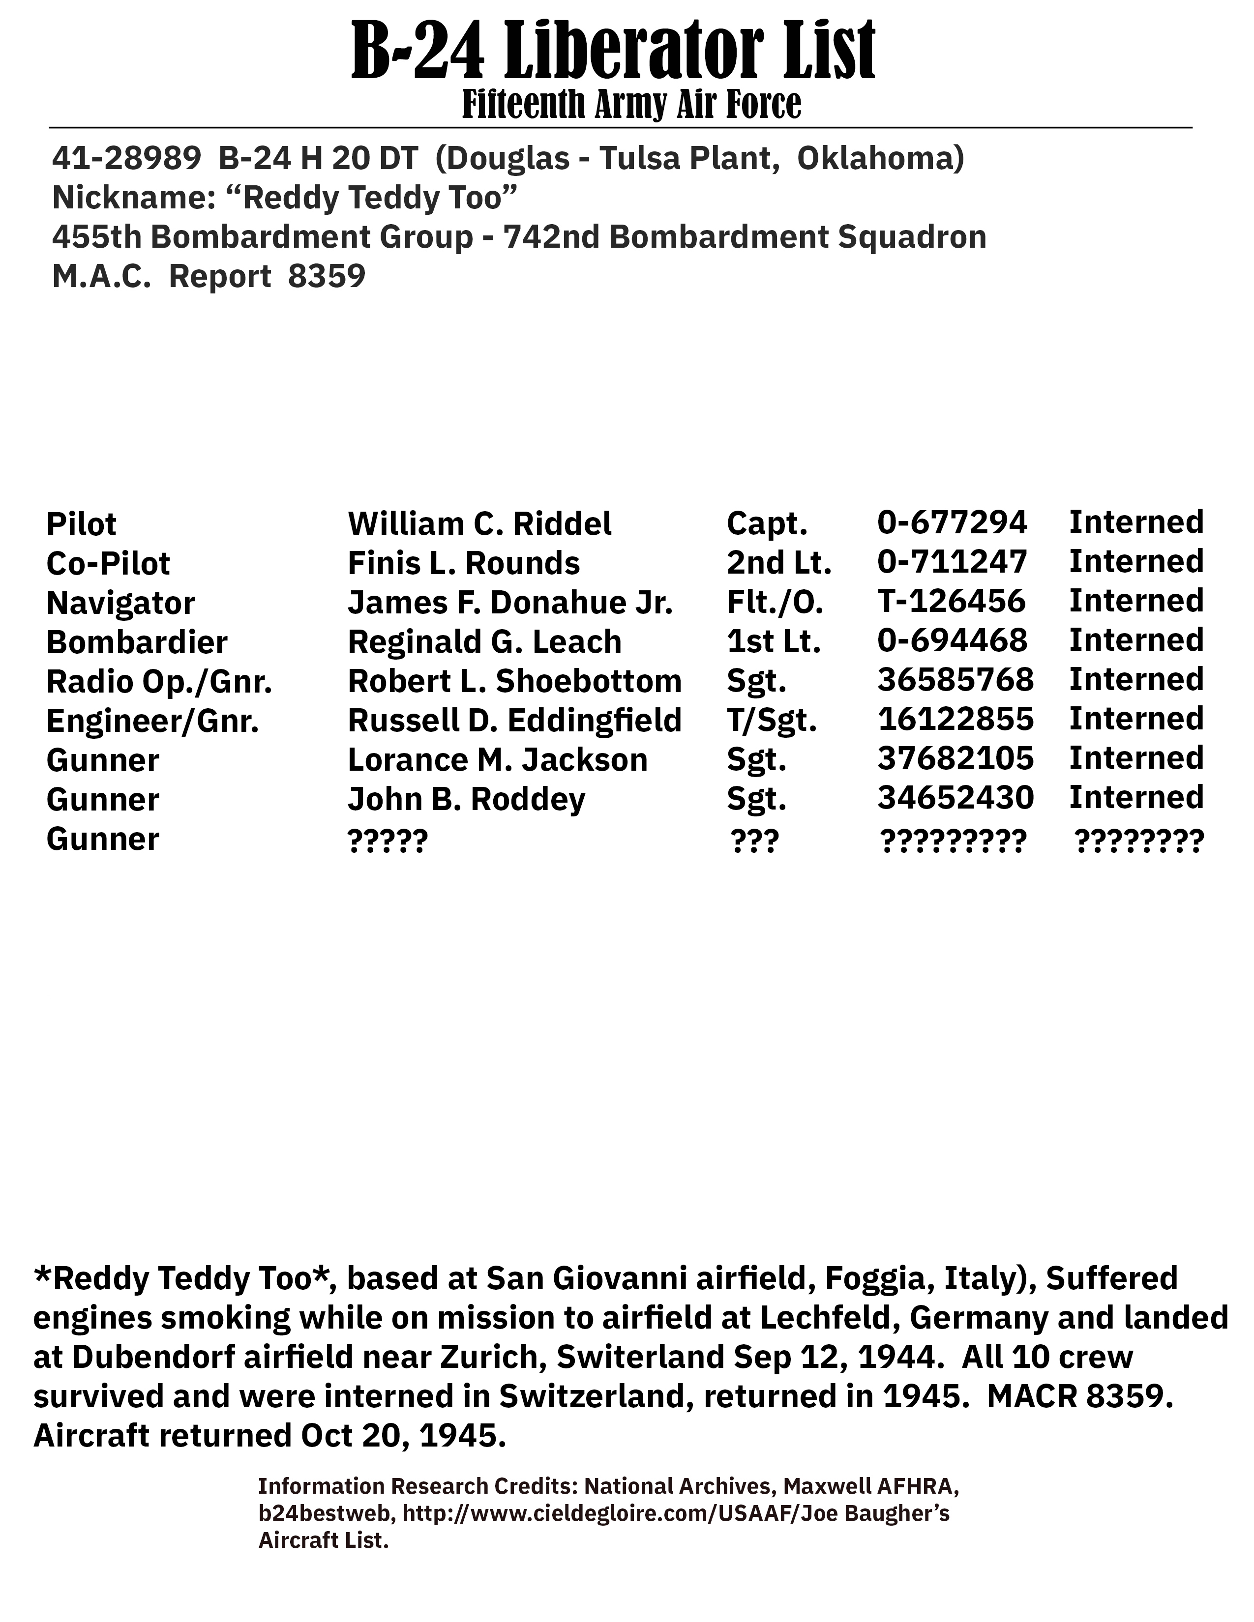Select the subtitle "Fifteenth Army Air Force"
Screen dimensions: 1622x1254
coord(631,105)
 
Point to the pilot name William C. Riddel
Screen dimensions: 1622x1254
coord(479,523)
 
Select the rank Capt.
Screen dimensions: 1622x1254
coord(766,523)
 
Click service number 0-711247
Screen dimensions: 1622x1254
coord(952,562)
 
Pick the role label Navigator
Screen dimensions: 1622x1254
coord(120,602)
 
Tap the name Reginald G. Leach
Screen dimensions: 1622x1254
coord(484,641)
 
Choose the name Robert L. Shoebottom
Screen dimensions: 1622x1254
coord(514,681)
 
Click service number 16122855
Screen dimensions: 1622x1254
coord(955,719)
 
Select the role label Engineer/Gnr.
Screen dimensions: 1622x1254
coord(152,721)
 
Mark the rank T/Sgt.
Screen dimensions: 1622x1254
coord(771,721)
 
